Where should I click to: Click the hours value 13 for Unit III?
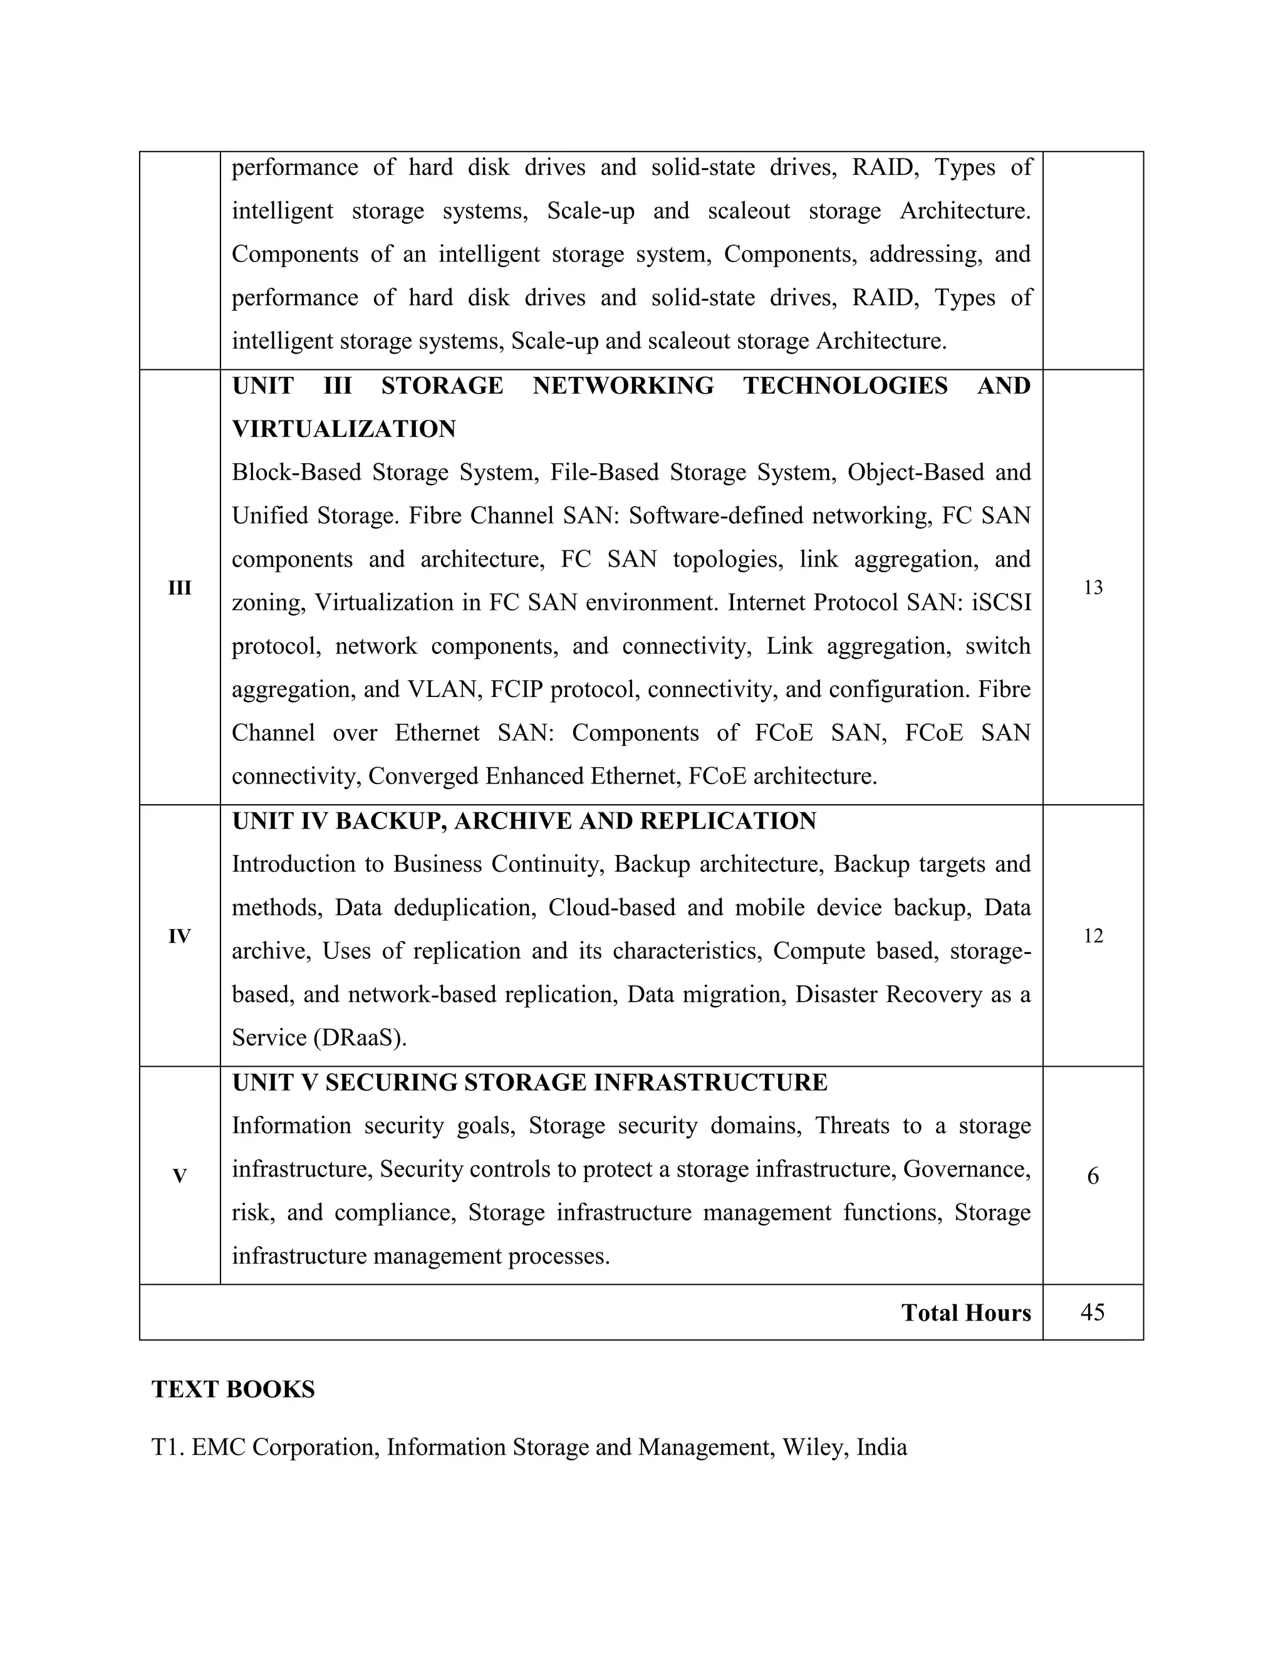[1092, 588]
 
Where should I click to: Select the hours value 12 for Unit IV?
[1092, 936]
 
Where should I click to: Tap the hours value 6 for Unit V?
[1092, 1176]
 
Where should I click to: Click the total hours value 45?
[1092, 1312]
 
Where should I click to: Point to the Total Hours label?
[965, 1313]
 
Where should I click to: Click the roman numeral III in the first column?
[179, 588]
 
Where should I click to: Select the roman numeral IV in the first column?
[179, 936]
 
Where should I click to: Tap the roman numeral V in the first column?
[179, 1176]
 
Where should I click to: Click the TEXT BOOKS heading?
[233, 1390]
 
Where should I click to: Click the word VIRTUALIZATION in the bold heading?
[343, 429]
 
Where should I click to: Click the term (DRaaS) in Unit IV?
[360, 1038]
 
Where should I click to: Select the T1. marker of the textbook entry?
[168, 1447]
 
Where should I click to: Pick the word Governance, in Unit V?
[966, 1169]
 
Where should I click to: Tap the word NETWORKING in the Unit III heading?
[623, 385]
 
